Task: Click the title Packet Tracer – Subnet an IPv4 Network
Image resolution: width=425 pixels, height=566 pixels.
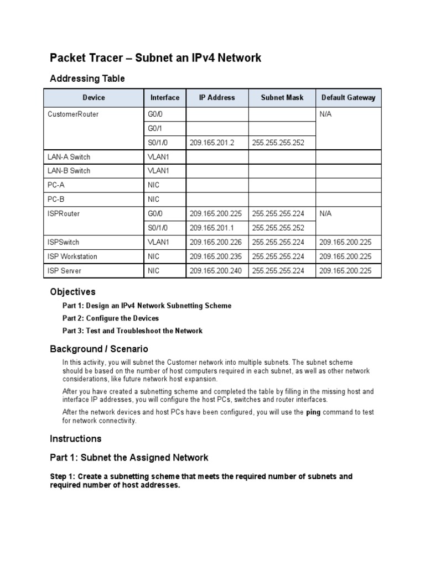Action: coord(156,58)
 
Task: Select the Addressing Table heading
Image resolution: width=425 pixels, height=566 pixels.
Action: coord(87,78)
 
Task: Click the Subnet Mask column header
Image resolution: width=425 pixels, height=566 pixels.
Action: coord(282,98)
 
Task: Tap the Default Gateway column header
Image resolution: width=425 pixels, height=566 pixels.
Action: coord(348,98)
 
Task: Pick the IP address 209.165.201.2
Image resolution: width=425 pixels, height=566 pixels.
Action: coord(212,143)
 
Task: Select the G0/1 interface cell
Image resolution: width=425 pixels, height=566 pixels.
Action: coord(155,128)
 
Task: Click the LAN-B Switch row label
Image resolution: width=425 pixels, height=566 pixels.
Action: coord(69,171)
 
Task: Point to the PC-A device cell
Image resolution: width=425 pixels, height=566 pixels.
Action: coord(57,185)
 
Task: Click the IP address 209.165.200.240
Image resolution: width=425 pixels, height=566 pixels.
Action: coord(216,271)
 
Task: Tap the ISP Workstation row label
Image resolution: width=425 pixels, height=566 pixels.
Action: coord(72,256)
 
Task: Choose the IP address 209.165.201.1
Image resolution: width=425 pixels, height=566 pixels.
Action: coord(212,228)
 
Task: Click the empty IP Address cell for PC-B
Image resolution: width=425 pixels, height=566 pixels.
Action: coord(217,199)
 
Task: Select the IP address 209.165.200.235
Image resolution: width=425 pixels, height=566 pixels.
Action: coord(216,256)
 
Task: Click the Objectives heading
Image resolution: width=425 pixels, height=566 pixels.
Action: coord(72,292)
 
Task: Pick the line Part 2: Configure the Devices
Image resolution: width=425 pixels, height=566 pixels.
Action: coord(111,318)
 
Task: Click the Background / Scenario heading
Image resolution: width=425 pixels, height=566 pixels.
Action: coord(99,349)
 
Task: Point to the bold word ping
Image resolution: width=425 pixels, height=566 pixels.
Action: coord(314,412)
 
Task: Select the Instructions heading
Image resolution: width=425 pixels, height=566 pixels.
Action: coord(76,439)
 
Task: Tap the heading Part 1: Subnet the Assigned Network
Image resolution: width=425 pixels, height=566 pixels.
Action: coord(129,458)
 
